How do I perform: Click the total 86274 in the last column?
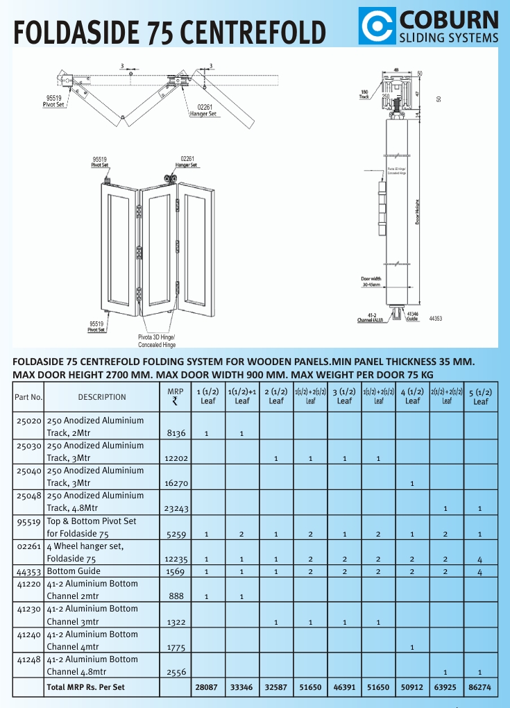pos(480,687)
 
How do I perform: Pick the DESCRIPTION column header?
pos(102,397)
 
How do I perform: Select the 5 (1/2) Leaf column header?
pos(480,396)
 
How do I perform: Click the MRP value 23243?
pos(176,508)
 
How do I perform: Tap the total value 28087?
pos(207,687)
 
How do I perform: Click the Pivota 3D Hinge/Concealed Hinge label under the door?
pos(157,340)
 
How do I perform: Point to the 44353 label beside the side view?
pos(436,319)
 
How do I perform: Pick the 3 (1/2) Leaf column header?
pos(344,396)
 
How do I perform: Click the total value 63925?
pos(446,687)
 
